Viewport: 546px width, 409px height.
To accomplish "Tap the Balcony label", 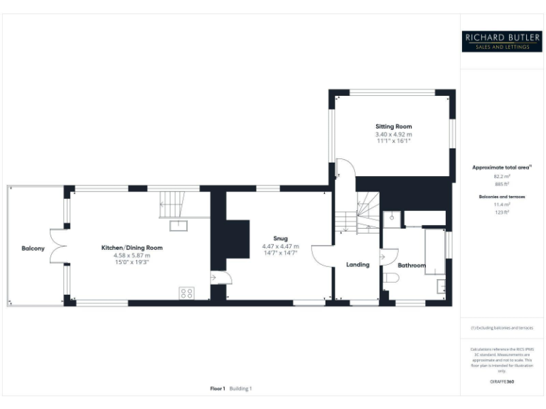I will (33, 248).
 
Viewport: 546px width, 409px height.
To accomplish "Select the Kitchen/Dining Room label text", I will (132, 248).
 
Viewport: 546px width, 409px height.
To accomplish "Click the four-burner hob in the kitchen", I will (188, 293).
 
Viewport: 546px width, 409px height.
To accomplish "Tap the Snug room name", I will (280, 238).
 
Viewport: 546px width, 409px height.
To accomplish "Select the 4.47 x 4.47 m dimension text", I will (280, 246).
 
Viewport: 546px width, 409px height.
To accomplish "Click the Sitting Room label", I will (394, 126).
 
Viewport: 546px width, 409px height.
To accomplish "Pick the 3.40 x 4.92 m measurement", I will (394, 134).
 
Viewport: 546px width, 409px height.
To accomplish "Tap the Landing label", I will (358, 265).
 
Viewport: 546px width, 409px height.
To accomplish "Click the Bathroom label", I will (412, 266).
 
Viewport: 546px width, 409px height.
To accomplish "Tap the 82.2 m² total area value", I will (503, 176).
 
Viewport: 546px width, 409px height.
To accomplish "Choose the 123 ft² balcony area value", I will (503, 212).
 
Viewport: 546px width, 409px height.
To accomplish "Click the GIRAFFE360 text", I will (503, 382).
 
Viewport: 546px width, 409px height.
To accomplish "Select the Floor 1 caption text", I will (218, 388).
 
